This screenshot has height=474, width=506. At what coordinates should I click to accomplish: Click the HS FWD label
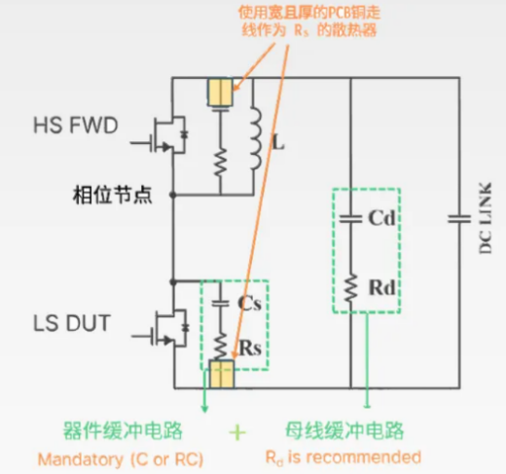click(76, 126)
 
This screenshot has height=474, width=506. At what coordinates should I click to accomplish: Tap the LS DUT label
click(72, 323)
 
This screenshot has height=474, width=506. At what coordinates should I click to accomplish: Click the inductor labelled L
click(256, 138)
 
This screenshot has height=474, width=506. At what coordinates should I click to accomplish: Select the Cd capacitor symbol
click(350, 219)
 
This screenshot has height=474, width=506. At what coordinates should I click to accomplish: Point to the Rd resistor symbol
click(350, 288)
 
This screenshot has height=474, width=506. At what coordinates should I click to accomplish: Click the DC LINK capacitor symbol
click(459, 219)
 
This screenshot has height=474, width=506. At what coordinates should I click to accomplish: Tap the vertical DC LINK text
click(486, 218)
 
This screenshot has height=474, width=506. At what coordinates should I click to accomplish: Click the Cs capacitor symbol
click(221, 303)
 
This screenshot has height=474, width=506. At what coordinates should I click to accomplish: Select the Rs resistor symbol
click(221, 346)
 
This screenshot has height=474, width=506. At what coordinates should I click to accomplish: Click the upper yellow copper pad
click(221, 92)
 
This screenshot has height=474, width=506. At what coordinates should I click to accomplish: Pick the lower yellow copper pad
click(222, 374)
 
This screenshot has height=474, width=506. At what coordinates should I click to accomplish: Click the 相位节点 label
click(112, 196)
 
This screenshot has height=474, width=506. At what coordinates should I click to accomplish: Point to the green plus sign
click(237, 432)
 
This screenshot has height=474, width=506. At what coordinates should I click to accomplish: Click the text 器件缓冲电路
click(123, 431)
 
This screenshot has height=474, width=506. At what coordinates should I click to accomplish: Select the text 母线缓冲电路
click(344, 431)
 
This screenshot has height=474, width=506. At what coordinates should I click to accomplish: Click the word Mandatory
click(81, 459)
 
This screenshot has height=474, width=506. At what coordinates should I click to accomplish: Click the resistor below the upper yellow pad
click(221, 163)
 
